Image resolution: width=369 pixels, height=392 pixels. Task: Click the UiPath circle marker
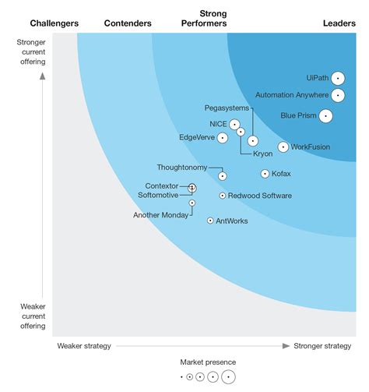(x=337, y=78)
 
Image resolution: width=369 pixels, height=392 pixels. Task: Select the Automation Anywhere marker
(x=337, y=95)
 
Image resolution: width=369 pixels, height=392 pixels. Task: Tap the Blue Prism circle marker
(x=325, y=116)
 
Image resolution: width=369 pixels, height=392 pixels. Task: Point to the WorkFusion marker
(x=283, y=147)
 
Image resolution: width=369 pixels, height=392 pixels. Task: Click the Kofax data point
(x=265, y=174)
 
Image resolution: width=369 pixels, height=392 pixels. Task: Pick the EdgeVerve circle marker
(x=223, y=138)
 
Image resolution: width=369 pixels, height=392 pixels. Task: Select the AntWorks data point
(x=210, y=221)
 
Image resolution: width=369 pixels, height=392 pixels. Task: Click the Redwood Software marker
(x=222, y=196)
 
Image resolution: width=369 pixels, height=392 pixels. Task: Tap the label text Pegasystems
(x=227, y=108)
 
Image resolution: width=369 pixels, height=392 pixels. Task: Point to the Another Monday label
(x=160, y=215)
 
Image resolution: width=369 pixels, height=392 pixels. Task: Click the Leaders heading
(x=339, y=23)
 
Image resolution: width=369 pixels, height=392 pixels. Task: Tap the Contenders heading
(x=128, y=23)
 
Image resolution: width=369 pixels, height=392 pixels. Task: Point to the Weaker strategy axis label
(x=84, y=345)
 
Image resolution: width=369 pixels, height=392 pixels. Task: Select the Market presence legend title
(x=208, y=362)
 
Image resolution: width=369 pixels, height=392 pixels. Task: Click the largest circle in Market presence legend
(x=228, y=377)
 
